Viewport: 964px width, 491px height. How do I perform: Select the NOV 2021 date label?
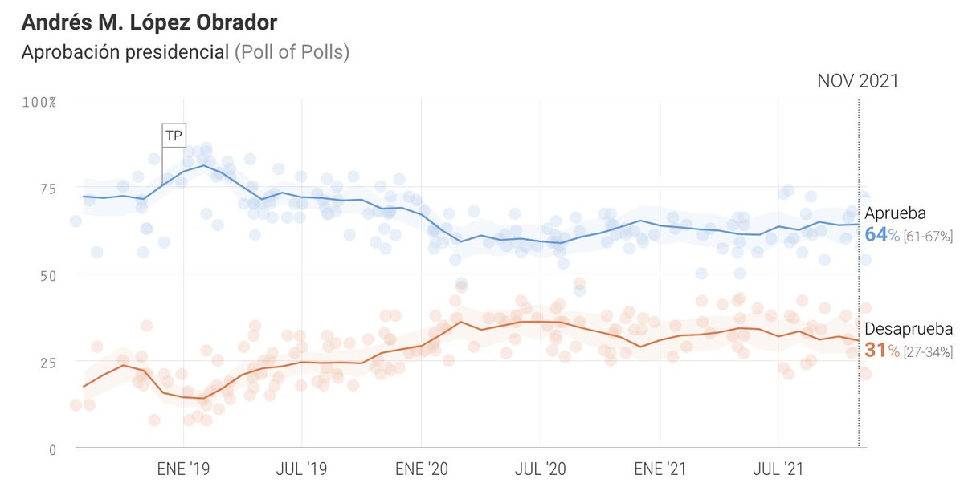point(857,81)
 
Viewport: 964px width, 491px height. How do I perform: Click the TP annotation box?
point(173,136)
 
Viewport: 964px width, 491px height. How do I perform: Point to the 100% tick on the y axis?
point(39,102)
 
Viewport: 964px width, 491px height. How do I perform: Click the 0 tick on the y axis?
point(52,449)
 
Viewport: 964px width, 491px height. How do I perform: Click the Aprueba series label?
point(895,214)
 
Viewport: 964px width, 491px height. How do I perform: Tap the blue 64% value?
point(881,235)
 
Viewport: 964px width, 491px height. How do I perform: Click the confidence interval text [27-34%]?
point(928,351)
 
